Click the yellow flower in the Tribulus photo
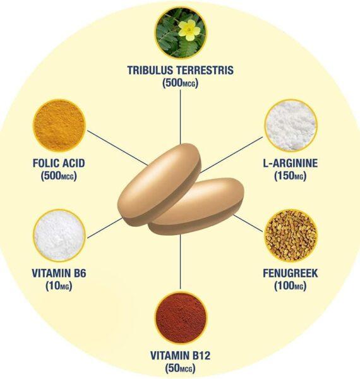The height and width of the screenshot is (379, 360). (x=190, y=30)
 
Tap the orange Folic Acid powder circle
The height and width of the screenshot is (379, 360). (x=59, y=125)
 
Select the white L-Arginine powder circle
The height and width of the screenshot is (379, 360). (x=290, y=125)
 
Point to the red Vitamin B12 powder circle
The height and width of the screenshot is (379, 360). (x=181, y=318)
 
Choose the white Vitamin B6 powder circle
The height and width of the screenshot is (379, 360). (x=59, y=236)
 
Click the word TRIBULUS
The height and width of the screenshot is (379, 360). (x=150, y=70)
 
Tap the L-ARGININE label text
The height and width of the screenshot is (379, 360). (x=290, y=163)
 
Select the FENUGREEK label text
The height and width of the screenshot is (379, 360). (x=290, y=273)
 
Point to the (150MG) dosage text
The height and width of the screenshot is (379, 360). (x=290, y=176)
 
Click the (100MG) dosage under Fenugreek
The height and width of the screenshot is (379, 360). (x=290, y=286)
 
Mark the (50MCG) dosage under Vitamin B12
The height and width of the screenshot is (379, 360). (x=180, y=368)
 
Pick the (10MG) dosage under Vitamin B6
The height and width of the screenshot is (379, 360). (x=59, y=286)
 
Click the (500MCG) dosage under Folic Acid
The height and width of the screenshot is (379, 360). (x=59, y=176)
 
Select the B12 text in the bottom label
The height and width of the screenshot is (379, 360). (x=201, y=356)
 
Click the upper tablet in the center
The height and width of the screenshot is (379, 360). (x=159, y=184)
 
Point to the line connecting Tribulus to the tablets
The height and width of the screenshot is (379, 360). (x=181, y=117)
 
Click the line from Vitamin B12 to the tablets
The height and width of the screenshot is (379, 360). (x=181, y=262)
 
